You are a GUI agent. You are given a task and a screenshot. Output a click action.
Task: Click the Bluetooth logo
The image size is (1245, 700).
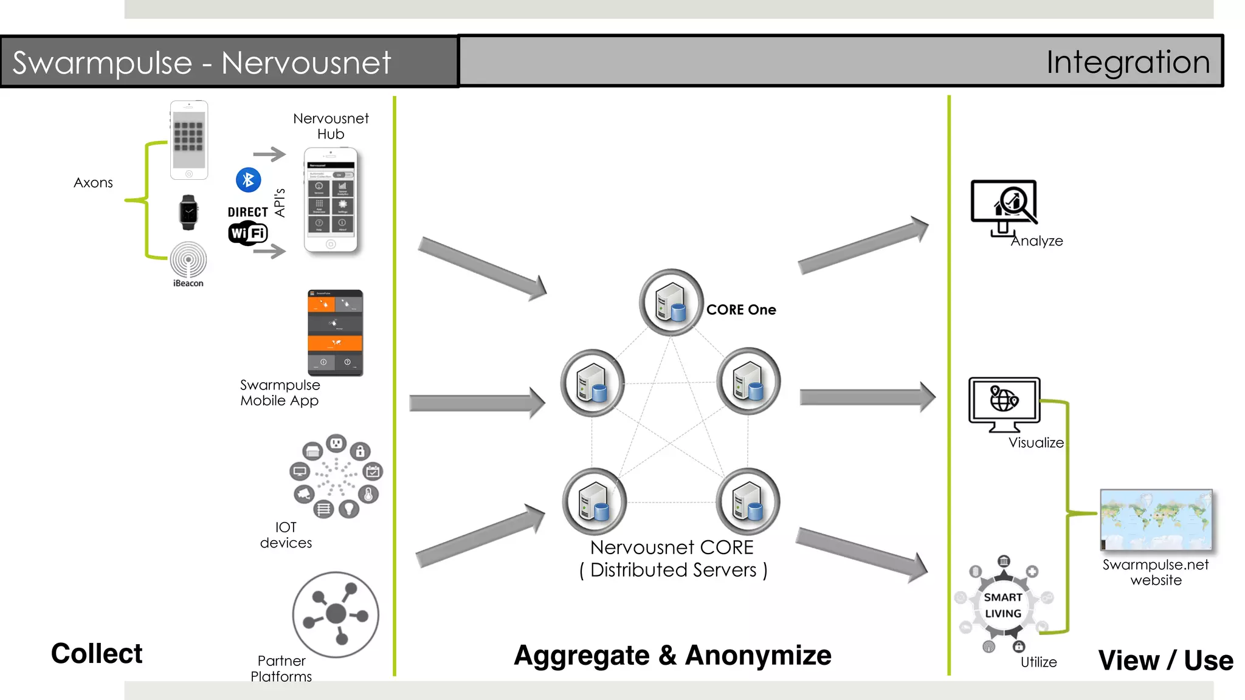248,180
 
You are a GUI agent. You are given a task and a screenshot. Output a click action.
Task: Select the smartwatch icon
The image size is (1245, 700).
188,213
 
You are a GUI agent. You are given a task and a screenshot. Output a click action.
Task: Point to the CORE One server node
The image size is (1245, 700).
671,302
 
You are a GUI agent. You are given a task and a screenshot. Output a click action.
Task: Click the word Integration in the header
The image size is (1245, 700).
1128,62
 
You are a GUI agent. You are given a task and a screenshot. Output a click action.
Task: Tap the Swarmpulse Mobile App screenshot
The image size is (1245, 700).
335,332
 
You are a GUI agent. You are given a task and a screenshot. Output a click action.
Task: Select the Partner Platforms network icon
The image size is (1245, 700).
336,614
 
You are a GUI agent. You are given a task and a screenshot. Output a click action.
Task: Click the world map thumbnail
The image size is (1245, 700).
1156,520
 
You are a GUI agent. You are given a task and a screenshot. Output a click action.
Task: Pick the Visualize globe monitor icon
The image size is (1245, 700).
1004,402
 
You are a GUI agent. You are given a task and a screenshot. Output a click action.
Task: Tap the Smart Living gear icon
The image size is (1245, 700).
1003,605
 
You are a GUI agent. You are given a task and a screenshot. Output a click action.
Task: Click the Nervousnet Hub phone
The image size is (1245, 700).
331,200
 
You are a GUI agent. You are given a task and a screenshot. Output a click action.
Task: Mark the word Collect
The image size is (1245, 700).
97,654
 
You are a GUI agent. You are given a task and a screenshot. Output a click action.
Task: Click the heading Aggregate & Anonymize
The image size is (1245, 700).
672,656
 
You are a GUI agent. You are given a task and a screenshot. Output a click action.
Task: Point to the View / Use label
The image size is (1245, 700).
1165,661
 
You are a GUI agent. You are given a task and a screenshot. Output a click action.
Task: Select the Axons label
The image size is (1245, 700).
93,183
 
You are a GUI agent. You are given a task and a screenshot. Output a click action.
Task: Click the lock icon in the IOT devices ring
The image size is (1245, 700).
360,451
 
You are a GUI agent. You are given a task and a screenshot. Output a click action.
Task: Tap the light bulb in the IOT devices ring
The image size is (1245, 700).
348,508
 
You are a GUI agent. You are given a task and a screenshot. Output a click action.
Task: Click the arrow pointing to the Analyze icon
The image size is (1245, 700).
863,246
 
